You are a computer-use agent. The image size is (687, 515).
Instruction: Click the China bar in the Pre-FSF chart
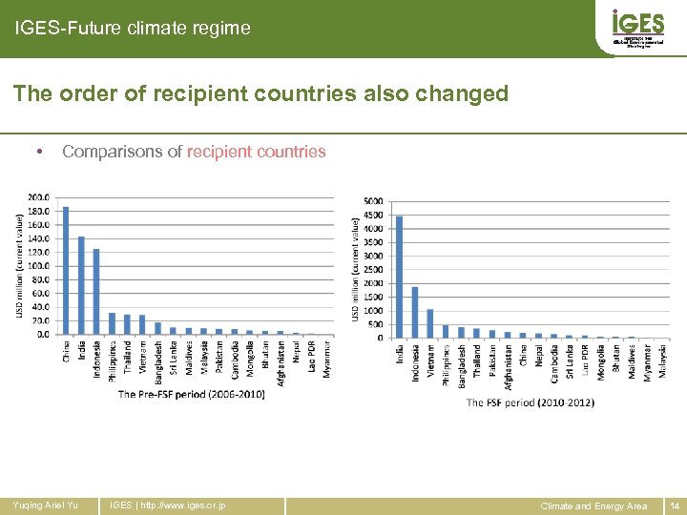click(x=66, y=271)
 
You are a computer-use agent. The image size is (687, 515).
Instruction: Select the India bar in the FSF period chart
click(x=399, y=278)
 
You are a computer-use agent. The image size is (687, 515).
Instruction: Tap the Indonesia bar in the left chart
click(x=96, y=292)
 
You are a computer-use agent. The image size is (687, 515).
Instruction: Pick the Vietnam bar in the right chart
click(x=430, y=323)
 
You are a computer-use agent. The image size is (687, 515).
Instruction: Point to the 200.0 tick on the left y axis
click(x=38, y=198)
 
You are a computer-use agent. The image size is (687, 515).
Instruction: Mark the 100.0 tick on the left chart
click(x=38, y=266)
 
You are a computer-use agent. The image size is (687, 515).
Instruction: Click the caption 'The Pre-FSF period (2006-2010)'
click(x=191, y=394)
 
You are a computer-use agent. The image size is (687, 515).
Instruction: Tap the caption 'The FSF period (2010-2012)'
click(x=530, y=402)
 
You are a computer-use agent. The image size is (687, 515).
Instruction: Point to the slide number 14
click(x=674, y=505)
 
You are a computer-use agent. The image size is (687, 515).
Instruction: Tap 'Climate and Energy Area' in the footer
click(x=593, y=505)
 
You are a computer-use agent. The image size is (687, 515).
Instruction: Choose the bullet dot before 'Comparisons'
click(x=36, y=152)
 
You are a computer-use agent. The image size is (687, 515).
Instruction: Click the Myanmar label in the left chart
click(x=326, y=360)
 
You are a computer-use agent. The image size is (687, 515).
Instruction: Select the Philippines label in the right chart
click(x=446, y=363)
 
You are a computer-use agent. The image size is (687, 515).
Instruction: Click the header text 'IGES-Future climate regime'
click(x=133, y=29)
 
